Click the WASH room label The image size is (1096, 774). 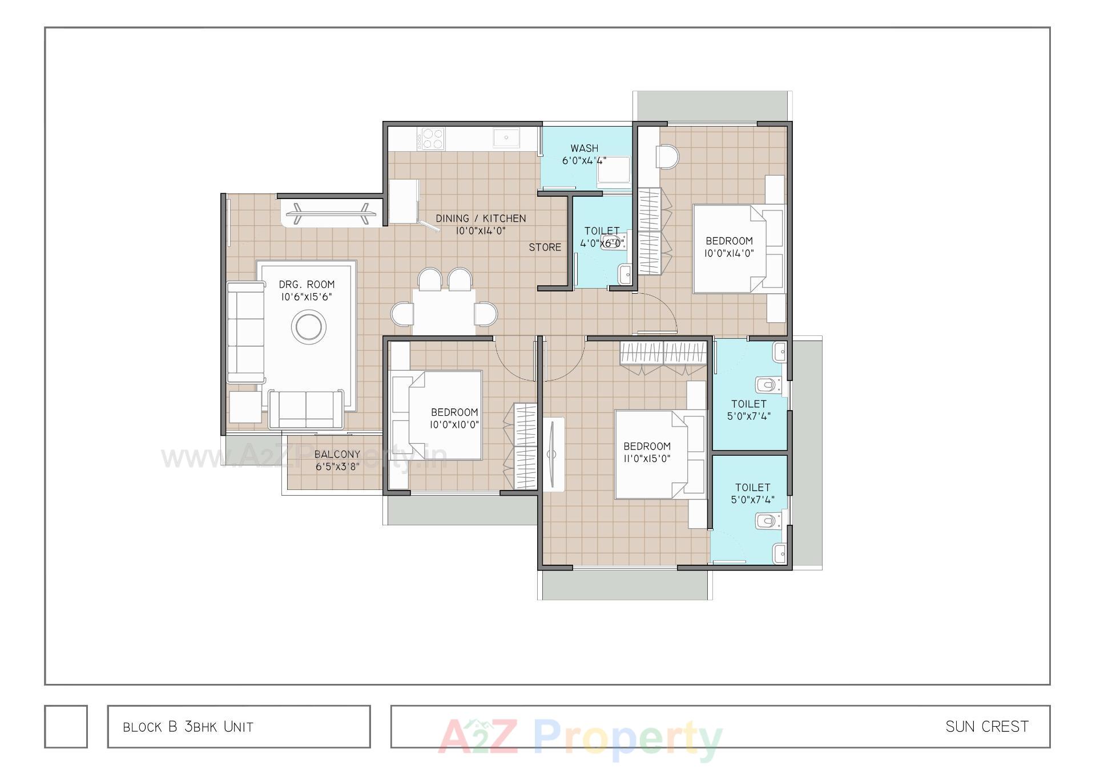(x=584, y=148)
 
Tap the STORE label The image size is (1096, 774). (x=545, y=247)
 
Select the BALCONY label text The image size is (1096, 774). (x=337, y=454)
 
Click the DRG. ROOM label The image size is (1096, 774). (x=307, y=284)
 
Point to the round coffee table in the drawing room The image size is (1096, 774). (x=309, y=327)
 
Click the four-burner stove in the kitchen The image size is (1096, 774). (x=430, y=138)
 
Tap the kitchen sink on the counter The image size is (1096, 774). (x=506, y=137)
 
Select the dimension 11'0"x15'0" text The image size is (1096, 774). (x=647, y=459)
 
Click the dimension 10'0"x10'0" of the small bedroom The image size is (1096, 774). (x=454, y=424)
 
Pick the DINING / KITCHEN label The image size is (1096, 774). (x=481, y=218)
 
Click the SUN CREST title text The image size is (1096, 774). (x=986, y=727)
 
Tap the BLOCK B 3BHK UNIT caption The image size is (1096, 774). (x=188, y=727)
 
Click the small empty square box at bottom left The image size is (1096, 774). (x=66, y=726)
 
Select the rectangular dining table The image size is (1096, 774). (x=444, y=311)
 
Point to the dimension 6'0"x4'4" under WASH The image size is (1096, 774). (x=584, y=161)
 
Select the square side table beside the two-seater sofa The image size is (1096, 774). (x=245, y=407)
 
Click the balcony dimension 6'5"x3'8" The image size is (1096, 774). (x=337, y=467)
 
